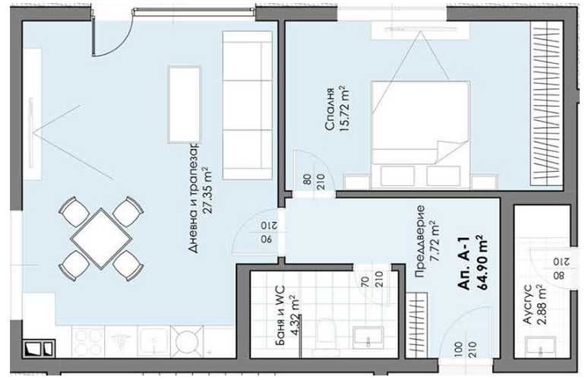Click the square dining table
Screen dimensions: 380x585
[101, 237]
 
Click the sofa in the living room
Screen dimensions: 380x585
[247, 105]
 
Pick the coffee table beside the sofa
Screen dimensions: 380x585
[184, 103]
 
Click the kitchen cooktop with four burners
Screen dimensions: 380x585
[90, 342]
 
